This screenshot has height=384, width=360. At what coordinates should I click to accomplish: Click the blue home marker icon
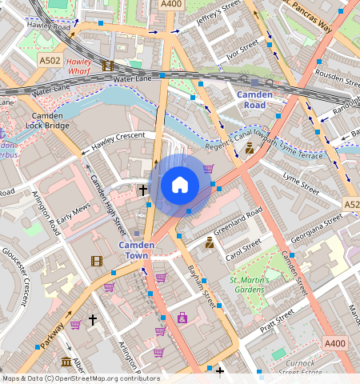(x=180, y=186)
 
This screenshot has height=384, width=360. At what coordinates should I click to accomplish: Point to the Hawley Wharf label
(x=79, y=67)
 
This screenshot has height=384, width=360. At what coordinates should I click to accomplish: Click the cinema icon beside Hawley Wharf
(x=108, y=66)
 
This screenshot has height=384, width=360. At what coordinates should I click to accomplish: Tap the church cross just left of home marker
(x=143, y=190)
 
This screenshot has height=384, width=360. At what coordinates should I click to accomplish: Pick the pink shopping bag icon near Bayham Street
(x=182, y=318)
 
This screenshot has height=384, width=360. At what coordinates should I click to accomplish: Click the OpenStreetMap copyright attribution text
(x=81, y=378)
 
